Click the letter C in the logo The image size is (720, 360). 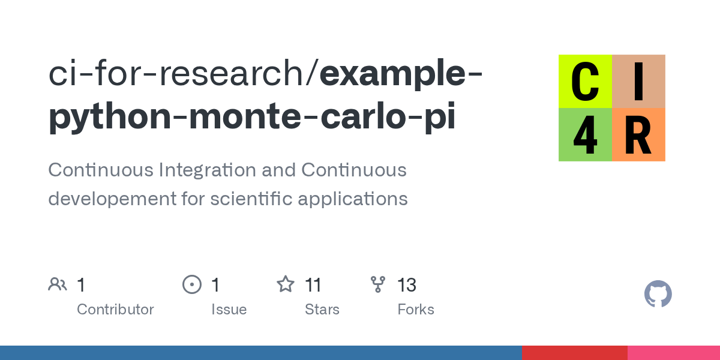click(585, 81)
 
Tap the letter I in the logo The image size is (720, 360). click(638, 81)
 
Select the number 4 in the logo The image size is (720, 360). click(585, 135)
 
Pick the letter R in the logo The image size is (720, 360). click(638, 135)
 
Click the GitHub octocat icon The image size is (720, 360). click(658, 294)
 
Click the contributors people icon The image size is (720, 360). click(58, 284)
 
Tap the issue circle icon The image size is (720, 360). click(192, 284)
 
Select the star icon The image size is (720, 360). click(285, 284)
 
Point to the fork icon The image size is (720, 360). click(378, 284)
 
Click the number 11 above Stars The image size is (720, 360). click(313, 284)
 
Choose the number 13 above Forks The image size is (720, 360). click(407, 284)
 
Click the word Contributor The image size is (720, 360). click(115, 310)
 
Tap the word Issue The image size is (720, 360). click(229, 310)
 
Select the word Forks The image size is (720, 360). click(416, 310)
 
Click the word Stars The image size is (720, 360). click(322, 310)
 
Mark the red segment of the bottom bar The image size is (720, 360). click(574, 353)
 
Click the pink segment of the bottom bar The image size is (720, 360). click(674, 353)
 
